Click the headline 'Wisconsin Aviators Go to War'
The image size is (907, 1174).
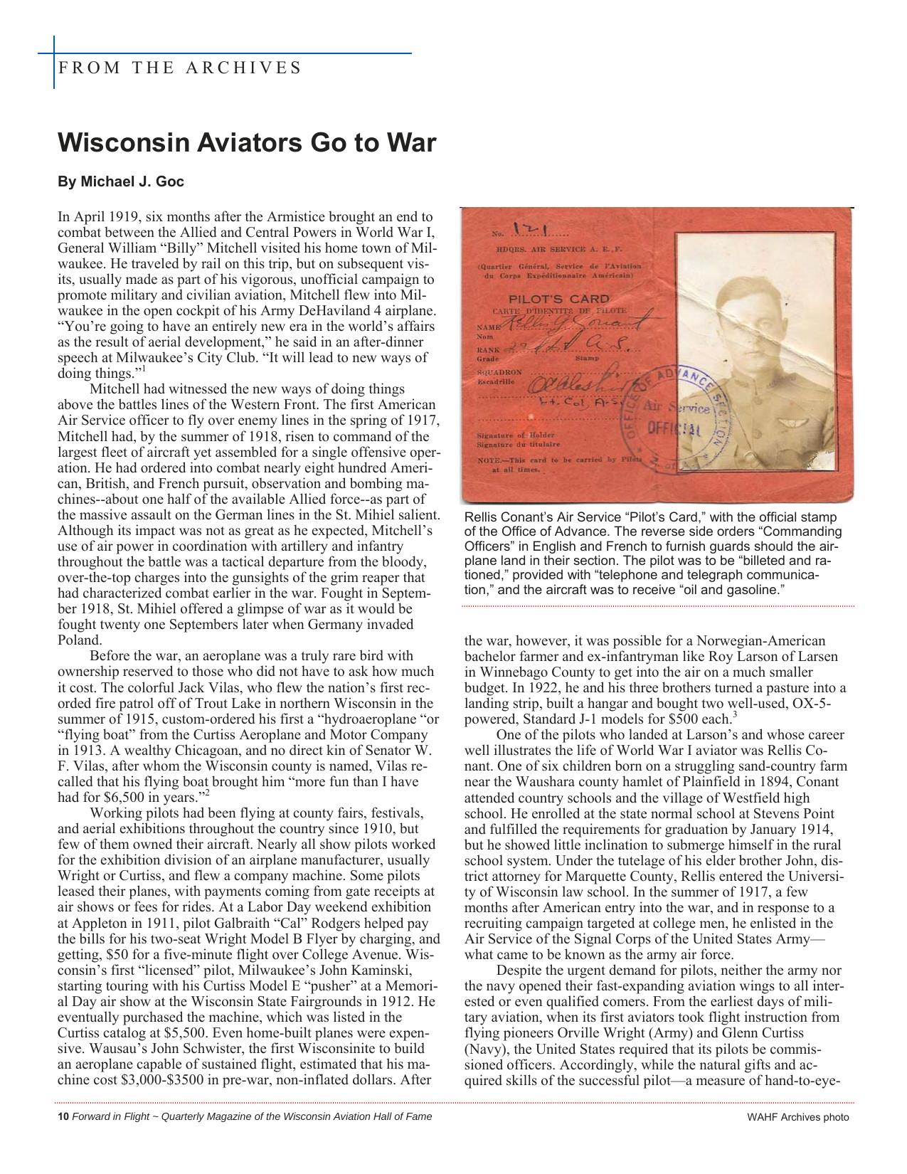pyautogui.click(x=246, y=143)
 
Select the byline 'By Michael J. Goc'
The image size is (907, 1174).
pyautogui.click(x=121, y=182)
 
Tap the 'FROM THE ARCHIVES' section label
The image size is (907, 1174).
pyautogui.click(x=180, y=68)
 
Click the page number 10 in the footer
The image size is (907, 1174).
pyautogui.click(x=62, y=1116)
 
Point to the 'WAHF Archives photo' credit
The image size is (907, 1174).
pyautogui.click(x=797, y=1117)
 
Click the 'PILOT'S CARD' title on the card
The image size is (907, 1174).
pyautogui.click(x=558, y=299)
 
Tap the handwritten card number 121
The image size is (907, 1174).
pyautogui.click(x=531, y=229)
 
